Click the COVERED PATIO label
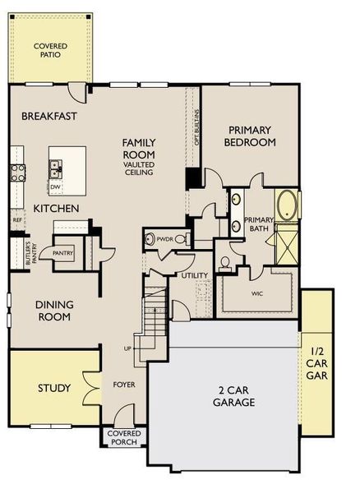tap(51, 50)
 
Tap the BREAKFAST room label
tap(49, 117)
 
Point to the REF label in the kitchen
tap(16, 220)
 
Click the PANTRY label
tap(63, 254)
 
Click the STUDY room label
tap(54, 388)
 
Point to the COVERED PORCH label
tap(123, 437)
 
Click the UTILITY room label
tap(196, 276)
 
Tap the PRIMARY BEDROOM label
tap(252, 136)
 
